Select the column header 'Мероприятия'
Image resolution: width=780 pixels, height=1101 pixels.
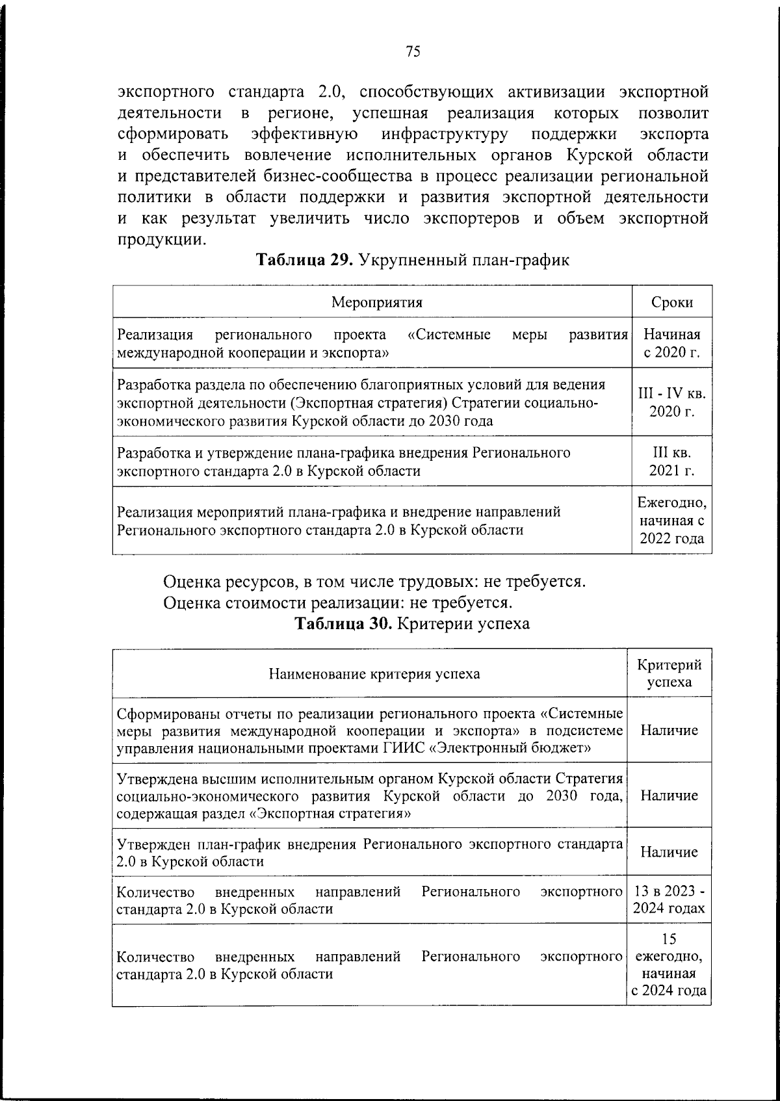click(377, 302)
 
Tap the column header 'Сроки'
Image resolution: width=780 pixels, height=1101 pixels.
click(671, 302)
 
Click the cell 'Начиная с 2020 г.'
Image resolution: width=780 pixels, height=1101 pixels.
click(671, 344)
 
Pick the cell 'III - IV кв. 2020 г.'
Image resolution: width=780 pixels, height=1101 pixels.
click(671, 402)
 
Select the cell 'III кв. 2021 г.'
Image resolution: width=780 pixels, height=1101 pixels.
click(671, 461)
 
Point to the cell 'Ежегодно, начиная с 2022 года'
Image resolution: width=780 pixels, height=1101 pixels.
click(671, 521)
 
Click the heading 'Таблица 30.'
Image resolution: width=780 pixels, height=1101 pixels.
click(343, 624)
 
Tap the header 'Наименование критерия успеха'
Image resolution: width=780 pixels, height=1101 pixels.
click(374, 673)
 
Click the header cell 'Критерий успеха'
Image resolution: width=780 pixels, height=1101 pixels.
click(669, 673)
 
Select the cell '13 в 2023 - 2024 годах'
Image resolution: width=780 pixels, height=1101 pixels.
click(669, 900)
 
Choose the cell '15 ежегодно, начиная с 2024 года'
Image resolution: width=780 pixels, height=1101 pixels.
click(669, 965)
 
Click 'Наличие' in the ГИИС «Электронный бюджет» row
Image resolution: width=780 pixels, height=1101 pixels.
click(669, 731)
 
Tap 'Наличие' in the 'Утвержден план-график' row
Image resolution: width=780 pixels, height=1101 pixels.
click(669, 852)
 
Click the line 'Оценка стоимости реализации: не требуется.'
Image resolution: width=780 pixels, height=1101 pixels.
click(335, 602)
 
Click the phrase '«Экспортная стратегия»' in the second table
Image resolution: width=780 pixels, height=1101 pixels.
click(330, 814)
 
